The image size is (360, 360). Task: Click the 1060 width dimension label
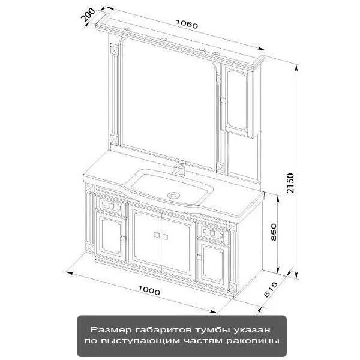187,24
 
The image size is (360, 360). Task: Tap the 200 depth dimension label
88,14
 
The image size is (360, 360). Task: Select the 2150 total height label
290,183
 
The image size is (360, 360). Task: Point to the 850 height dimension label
274,232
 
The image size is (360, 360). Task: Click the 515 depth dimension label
271,289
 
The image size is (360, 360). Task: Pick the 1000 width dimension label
149,290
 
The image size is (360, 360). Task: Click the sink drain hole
173,196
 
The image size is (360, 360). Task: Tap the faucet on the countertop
180,168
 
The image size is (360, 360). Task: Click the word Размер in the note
111,330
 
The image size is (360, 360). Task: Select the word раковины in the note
253,340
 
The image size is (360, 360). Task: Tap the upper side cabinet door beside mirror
237,100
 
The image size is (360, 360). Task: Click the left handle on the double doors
157,235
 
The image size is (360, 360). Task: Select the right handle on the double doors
165,236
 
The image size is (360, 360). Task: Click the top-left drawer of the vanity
111,205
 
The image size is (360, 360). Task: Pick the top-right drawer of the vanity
212,233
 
